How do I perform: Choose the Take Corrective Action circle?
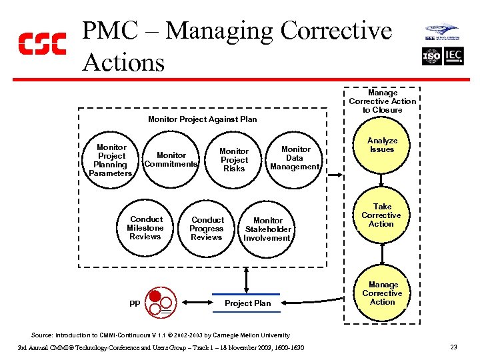[x=382, y=216]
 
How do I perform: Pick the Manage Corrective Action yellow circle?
[x=382, y=294]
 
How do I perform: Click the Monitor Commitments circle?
[x=171, y=160]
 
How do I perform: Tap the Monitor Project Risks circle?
[x=233, y=160]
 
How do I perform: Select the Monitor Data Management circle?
[x=295, y=159]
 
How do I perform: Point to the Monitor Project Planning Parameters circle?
[x=111, y=160]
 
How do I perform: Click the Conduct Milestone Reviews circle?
[x=145, y=228]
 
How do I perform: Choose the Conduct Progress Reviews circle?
[x=207, y=229]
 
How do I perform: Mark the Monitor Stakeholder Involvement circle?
[x=267, y=229]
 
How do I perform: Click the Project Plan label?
[x=247, y=303]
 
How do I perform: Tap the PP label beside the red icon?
[x=135, y=303]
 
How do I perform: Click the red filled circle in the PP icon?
[x=155, y=297]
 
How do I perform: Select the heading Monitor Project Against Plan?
[x=202, y=119]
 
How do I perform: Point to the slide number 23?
[x=453, y=347]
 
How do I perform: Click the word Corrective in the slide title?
[x=336, y=31]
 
